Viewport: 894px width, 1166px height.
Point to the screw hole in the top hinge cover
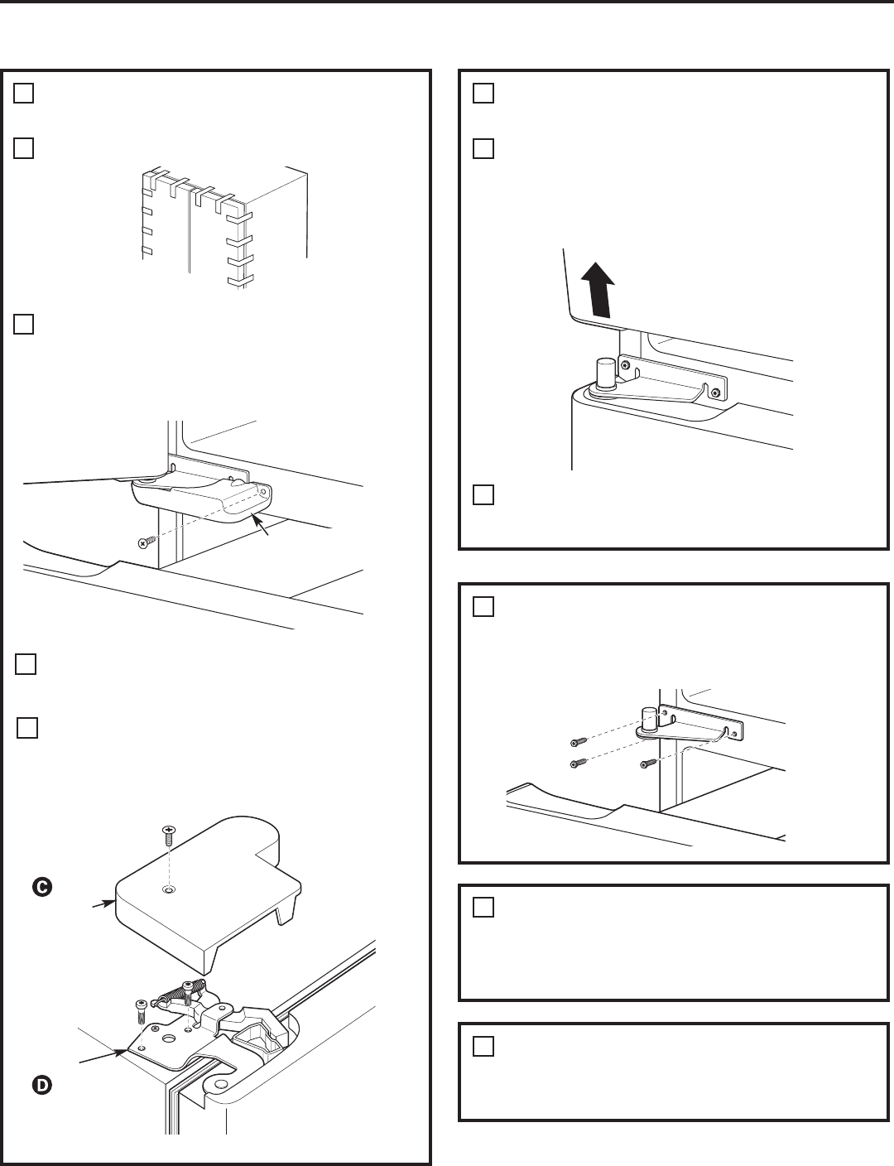tap(169, 890)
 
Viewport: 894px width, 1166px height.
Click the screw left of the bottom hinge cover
tap(145, 542)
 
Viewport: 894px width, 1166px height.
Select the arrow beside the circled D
tap(102, 1057)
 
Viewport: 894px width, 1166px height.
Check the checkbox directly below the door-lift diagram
tap(483, 495)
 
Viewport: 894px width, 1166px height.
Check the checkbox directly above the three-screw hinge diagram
tap(483, 607)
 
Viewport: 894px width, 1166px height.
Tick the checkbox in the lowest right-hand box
tap(483, 1047)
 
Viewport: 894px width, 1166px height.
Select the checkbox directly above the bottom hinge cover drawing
tap(23, 323)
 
